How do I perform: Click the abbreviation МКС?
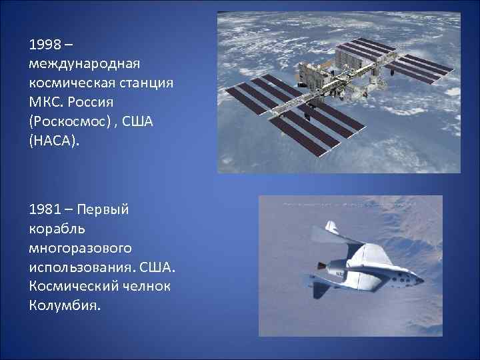(x=45, y=105)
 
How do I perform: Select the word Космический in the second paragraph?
(x=68, y=287)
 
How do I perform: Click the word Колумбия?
(x=64, y=307)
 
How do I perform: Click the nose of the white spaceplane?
(x=422, y=281)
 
